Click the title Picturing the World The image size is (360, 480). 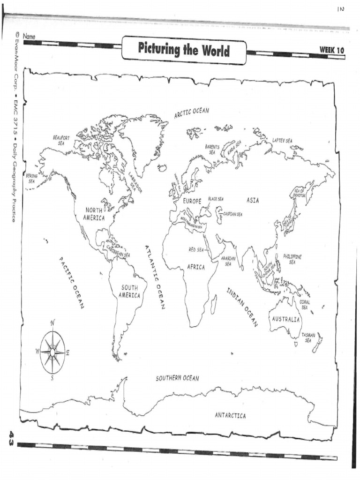[184, 49]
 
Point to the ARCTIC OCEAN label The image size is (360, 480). [192, 113]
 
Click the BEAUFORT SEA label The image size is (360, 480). [61, 140]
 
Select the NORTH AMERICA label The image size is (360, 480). [94, 214]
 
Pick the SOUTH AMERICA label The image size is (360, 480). [129, 291]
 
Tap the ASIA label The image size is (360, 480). [253, 200]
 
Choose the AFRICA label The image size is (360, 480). [196, 267]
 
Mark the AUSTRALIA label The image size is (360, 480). [285, 319]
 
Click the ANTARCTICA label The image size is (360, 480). [230, 415]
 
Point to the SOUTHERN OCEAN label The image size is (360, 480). [178, 378]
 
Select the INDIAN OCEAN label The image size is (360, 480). [242, 307]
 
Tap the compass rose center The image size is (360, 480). [52, 352]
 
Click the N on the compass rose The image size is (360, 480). [52, 322]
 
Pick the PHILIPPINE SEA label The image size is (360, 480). [292, 259]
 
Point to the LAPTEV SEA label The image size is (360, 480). [282, 140]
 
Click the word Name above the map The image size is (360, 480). [29, 37]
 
